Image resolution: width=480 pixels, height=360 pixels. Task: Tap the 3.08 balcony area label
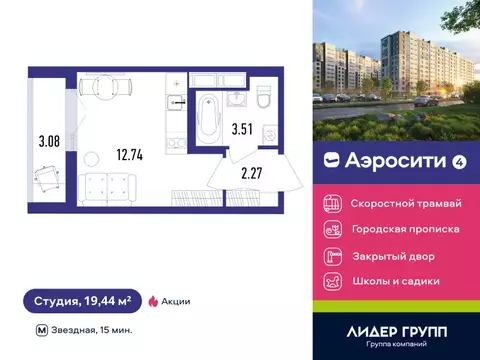click(47, 141)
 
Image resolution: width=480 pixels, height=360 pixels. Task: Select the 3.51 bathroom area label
click(243, 128)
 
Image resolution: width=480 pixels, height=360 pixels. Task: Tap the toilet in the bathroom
click(263, 100)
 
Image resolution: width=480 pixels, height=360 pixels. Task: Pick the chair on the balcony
click(45, 181)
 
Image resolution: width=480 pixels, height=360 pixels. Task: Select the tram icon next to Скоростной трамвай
click(333, 203)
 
